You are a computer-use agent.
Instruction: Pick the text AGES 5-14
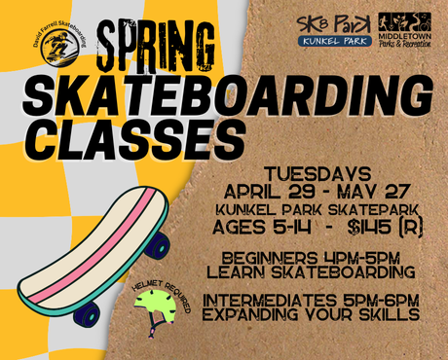pyautogui.click(x=254, y=227)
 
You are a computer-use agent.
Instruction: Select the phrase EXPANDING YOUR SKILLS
pyautogui.click(x=312, y=315)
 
